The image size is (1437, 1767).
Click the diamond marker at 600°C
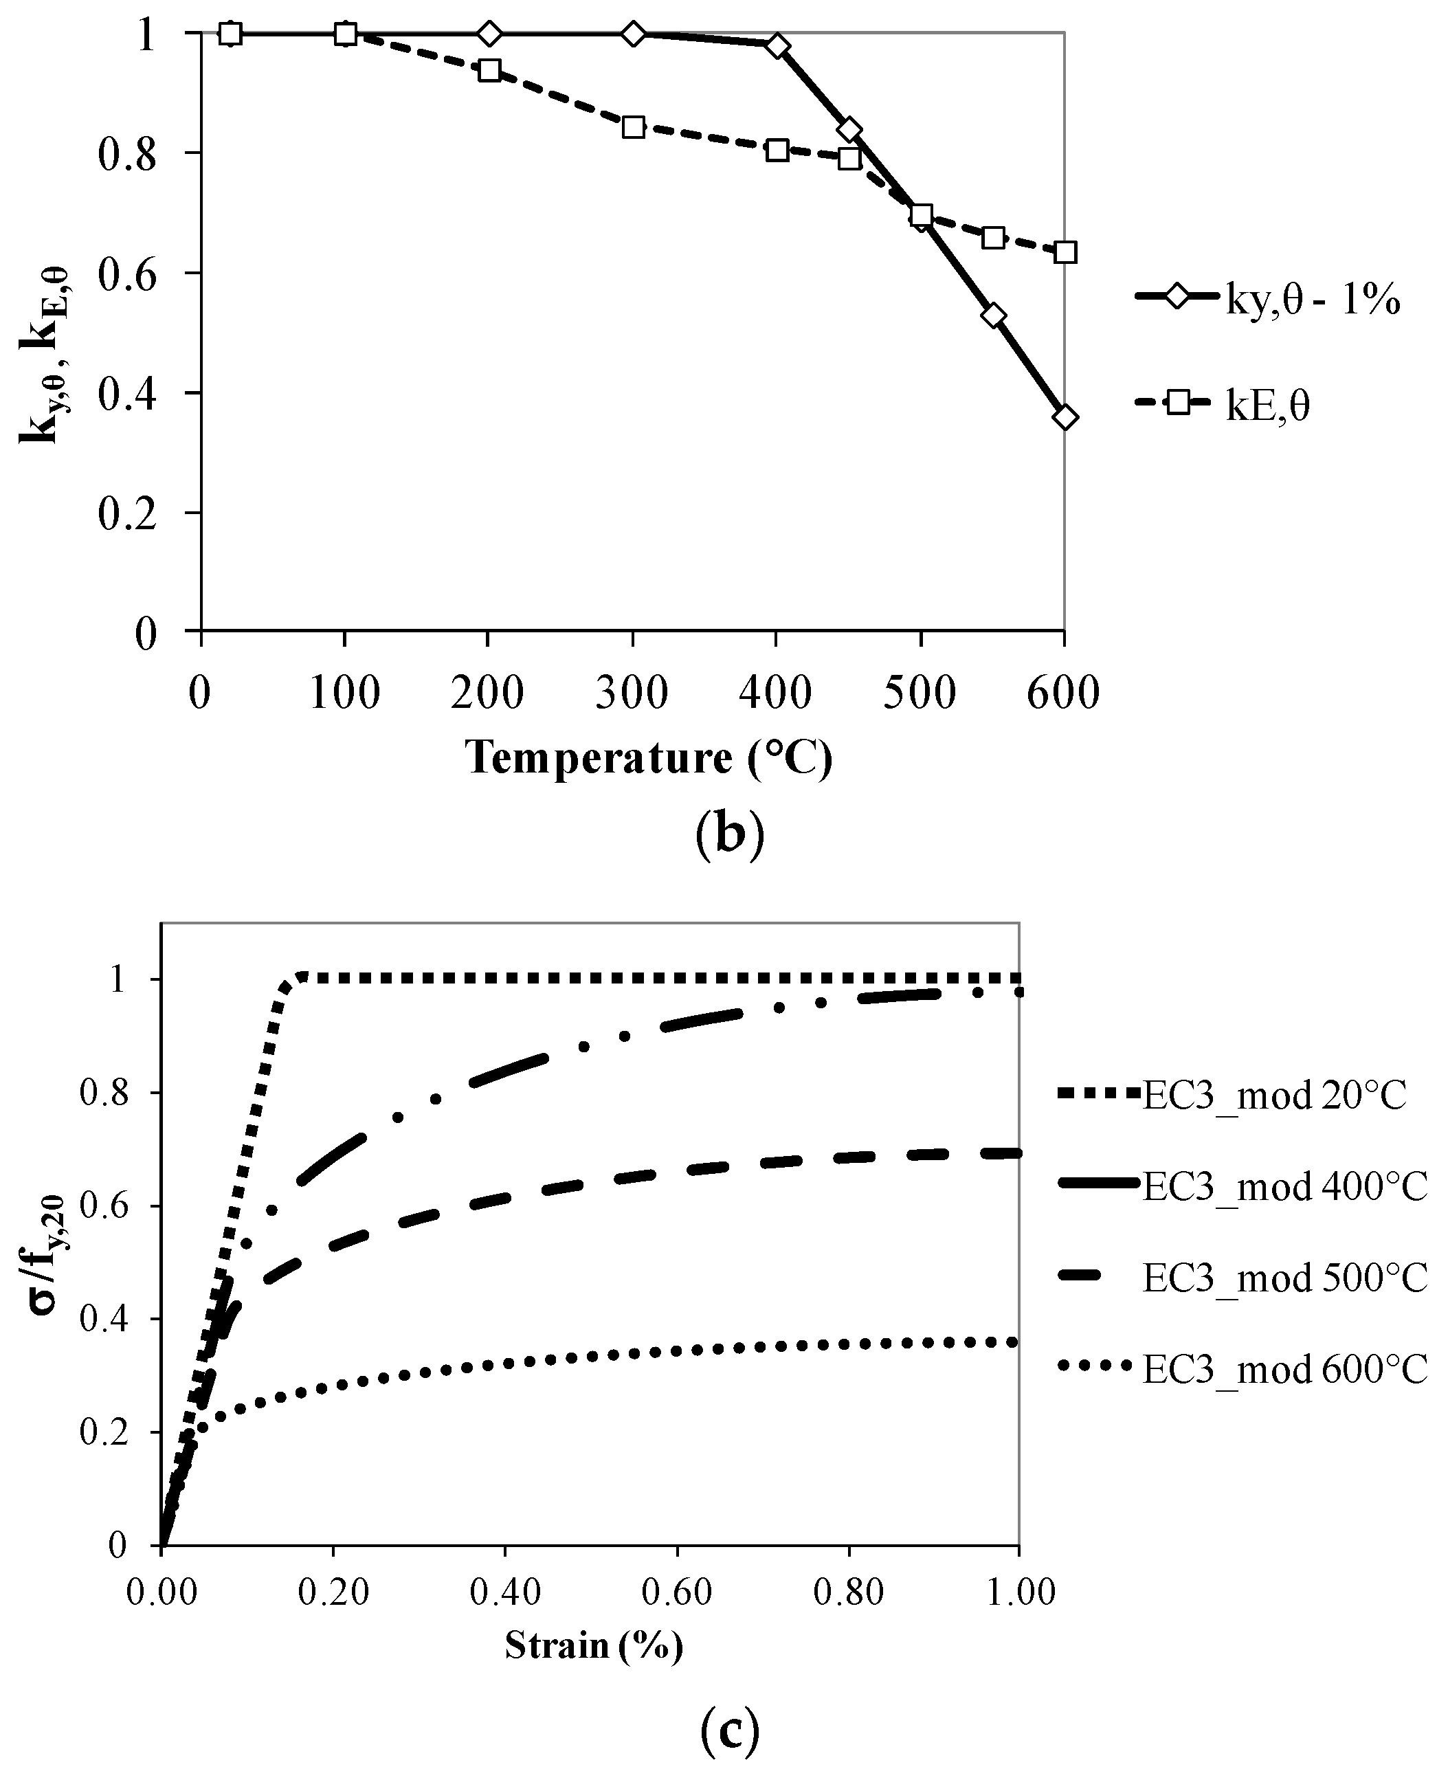(x=1065, y=417)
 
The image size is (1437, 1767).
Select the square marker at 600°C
(x=1065, y=252)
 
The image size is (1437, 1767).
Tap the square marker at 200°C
(x=489, y=70)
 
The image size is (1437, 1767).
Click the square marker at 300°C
(x=633, y=126)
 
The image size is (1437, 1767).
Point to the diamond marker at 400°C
(x=777, y=45)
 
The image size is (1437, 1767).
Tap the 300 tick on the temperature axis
(x=632, y=692)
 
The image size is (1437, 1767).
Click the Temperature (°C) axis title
(x=648, y=757)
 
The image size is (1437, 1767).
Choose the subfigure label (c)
(x=728, y=1726)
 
